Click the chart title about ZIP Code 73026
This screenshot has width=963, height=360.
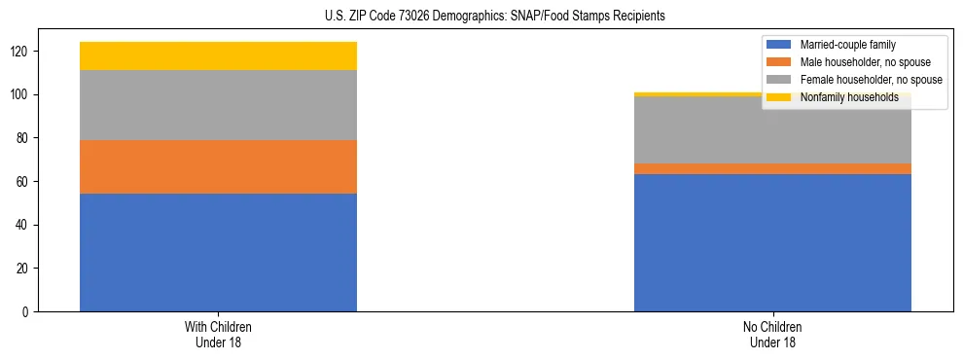click(495, 17)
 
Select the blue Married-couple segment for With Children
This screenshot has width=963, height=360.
click(218, 252)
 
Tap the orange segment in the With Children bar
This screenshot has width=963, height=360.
click(218, 166)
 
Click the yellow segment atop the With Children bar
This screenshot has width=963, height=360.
click(218, 55)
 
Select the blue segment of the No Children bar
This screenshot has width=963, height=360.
click(772, 242)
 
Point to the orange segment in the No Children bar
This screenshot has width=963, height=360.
click(772, 168)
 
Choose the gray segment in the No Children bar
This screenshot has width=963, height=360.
click(772, 130)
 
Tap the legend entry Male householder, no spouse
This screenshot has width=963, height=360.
click(858, 62)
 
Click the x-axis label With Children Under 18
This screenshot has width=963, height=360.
click(218, 334)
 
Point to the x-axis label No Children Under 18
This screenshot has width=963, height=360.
click(772, 334)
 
